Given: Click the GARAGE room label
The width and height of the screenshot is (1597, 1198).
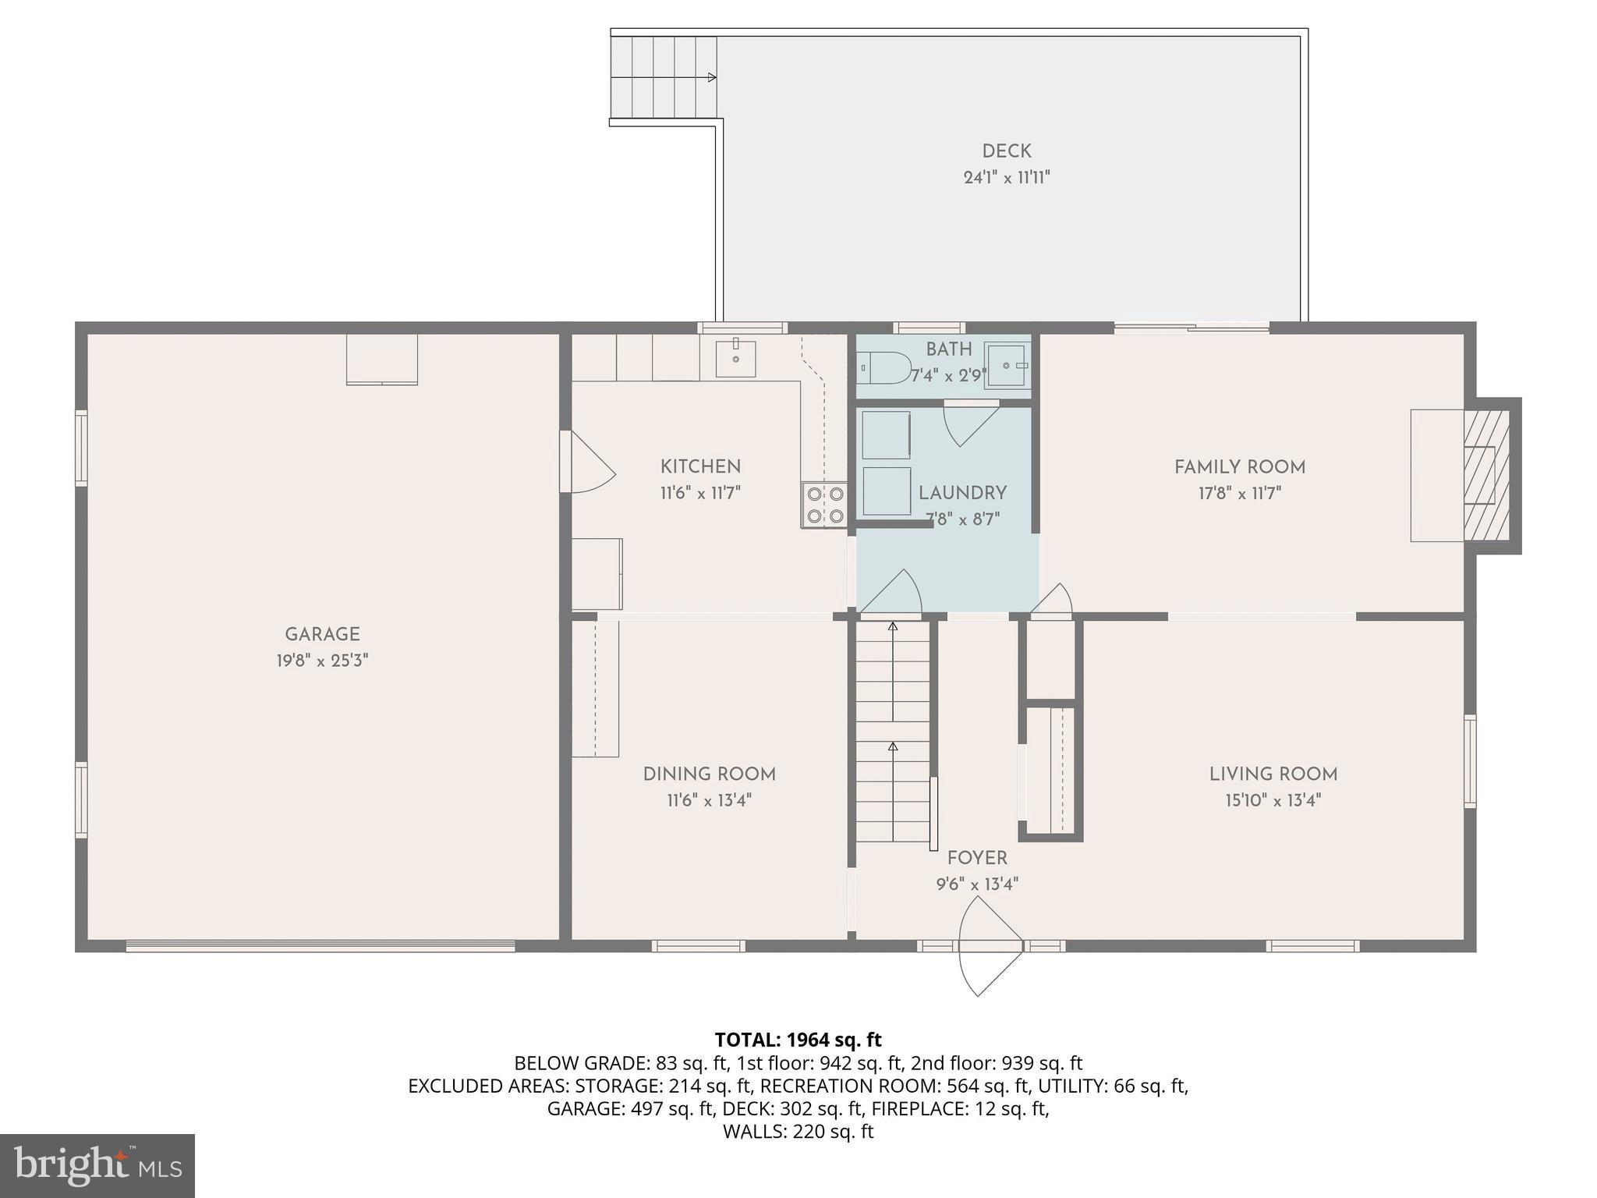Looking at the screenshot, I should (322, 634).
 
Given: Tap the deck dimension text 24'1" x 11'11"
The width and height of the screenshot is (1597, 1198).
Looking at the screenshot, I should (1007, 178).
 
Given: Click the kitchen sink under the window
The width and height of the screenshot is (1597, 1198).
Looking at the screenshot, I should (735, 358).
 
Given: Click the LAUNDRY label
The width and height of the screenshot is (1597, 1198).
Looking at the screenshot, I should (962, 493).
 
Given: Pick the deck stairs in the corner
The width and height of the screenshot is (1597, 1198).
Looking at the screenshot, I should (663, 77).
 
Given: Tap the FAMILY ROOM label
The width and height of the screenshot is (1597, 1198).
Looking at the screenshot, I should (1240, 467).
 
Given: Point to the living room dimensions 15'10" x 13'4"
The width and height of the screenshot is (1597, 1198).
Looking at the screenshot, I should (1273, 800).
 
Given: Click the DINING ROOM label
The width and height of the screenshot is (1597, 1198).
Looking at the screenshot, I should (709, 774).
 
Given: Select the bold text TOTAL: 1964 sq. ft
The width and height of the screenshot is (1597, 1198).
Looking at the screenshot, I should (798, 1040).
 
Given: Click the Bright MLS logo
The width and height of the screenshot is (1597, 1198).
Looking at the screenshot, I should (97, 1165).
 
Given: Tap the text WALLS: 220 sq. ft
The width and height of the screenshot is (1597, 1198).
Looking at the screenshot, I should (798, 1132).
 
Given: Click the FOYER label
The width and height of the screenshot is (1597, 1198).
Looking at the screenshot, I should (977, 858).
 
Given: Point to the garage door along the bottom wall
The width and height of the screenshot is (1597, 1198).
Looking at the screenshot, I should (320, 946).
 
